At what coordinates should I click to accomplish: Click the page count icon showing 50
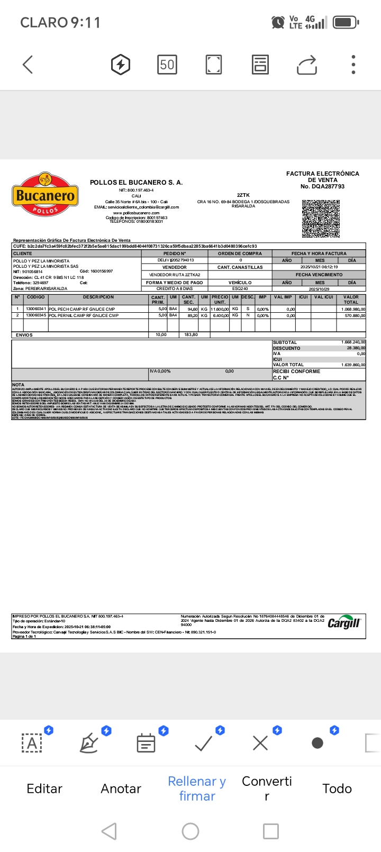coord(167,65)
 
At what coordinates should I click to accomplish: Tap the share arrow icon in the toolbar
coord(307,65)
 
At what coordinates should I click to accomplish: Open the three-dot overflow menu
coord(353,65)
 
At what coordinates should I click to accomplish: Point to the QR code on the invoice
coord(321,219)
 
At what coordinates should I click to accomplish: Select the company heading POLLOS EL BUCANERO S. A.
coord(136,183)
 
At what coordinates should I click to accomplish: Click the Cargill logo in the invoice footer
coord(344,623)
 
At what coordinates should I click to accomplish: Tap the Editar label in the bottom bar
coord(44,788)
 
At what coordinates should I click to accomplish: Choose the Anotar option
coord(121,788)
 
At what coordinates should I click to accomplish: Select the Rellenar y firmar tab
coord(197,788)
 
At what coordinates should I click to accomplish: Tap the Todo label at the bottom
coord(337,788)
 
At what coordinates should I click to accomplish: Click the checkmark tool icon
coord(204,744)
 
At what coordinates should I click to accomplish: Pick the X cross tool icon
coord(260,744)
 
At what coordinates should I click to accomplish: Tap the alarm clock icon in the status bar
coord(277,22)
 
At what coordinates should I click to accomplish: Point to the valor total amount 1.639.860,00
coord(353,365)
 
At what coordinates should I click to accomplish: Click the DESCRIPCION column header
coord(98,297)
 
